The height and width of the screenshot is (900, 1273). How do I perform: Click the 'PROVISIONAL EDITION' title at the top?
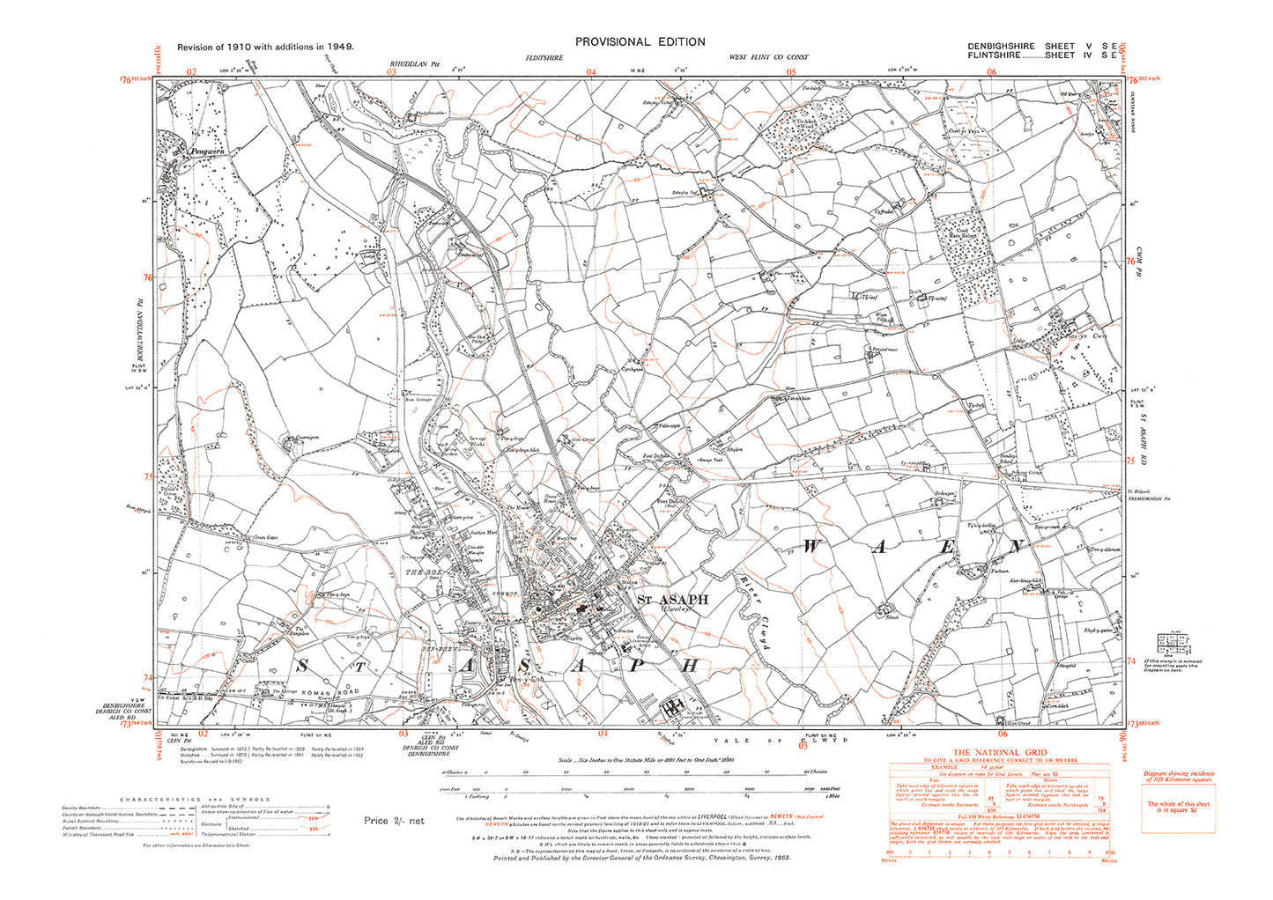(640, 41)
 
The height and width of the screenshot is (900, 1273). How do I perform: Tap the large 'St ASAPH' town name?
(672, 600)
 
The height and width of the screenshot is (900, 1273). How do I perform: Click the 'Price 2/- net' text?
(394, 821)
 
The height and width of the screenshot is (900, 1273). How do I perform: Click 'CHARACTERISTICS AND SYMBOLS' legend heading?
(196, 799)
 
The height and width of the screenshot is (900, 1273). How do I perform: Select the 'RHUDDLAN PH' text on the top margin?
(409, 63)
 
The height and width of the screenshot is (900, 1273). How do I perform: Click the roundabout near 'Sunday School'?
(1003, 482)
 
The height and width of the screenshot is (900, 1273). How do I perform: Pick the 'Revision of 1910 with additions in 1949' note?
(265, 46)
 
